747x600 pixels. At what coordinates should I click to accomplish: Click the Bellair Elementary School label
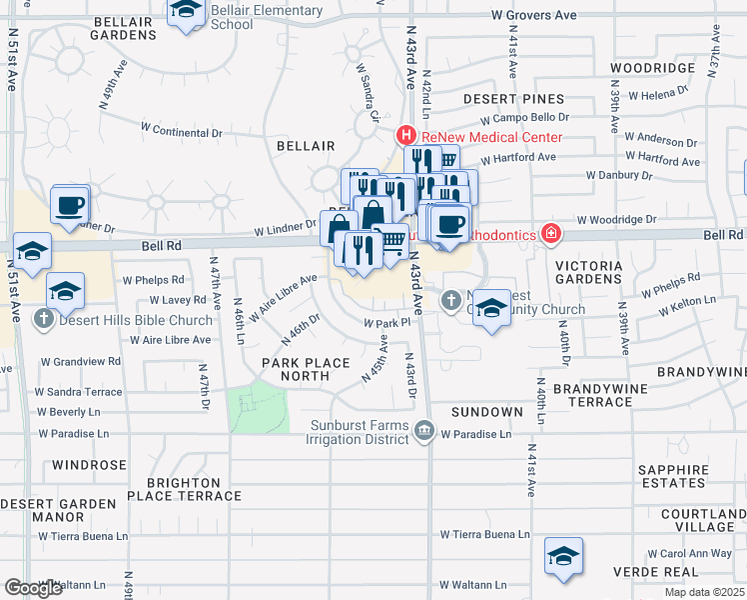click(267, 17)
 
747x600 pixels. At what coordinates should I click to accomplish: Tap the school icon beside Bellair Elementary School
click(186, 13)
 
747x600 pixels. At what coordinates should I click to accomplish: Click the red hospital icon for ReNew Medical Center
click(406, 136)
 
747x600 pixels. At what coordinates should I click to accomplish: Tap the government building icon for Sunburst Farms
click(424, 431)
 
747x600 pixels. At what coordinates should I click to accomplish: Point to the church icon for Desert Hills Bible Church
click(43, 321)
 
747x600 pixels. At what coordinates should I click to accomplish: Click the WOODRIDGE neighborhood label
click(652, 68)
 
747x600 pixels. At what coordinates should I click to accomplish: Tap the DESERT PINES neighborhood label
click(513, 100)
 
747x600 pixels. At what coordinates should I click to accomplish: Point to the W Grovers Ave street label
click(535, 16)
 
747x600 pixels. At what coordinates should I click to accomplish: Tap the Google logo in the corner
click(34, 588)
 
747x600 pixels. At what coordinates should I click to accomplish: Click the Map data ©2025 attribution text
click(704, 592)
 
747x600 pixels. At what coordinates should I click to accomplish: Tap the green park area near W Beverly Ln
click(258, 407)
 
